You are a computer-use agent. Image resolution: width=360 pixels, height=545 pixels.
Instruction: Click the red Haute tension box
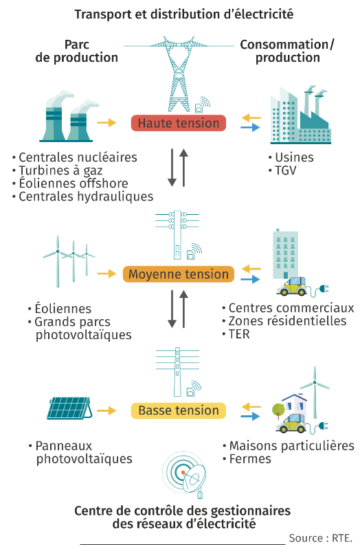click(x=179, y=123)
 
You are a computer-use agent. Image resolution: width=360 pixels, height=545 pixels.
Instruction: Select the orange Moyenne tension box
click(x=179, y=274)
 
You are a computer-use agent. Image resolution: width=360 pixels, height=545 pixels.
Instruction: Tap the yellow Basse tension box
click(x=179, y=410)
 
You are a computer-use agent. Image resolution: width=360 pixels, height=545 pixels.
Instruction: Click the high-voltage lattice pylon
click(x=179, y=73)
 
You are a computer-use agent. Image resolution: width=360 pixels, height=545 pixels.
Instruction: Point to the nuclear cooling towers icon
click(x=69, y=117)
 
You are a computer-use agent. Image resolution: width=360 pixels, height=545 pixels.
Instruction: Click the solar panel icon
click(x=70, y=408)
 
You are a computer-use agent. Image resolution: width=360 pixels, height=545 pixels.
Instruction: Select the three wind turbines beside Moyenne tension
click(x=69, y=262)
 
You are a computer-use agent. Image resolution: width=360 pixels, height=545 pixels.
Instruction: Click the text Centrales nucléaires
click(x=78, y=157)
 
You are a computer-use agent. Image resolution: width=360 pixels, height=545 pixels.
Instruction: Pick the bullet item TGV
click(x=286, y=171)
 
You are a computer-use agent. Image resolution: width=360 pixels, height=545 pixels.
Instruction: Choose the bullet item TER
click(x=239, y=334)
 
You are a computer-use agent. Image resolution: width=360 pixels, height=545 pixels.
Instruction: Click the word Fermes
click(x=250, y=459)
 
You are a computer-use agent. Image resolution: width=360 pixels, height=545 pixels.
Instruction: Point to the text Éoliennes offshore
click(x=74, y=183)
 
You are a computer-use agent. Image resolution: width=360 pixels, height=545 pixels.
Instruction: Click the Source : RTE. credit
click(x=320, y=538)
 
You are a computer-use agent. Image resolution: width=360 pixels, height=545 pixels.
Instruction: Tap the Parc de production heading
click(x=76, y=51)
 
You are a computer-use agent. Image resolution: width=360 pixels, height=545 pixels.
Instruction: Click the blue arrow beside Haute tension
click(x=251, y=128)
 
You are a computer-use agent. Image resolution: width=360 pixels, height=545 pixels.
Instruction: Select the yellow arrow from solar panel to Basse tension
click(x=106, y=410)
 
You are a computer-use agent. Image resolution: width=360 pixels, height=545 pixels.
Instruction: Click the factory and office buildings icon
click(x=300, y=115)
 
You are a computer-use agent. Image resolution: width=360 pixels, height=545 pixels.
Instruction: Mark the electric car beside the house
click(x=291, y=424)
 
